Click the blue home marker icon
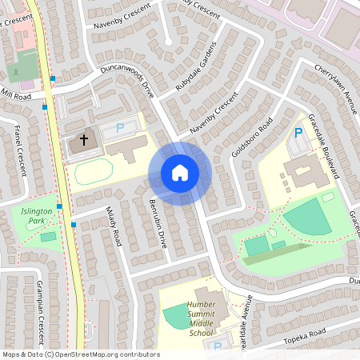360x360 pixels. click(x=180, y=172)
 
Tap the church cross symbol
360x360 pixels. click(x=83, y=140)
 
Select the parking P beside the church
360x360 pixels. click(x=120, y=126)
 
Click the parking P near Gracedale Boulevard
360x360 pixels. click(x=298, y=133)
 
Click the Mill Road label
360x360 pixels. click(x=16, y=95)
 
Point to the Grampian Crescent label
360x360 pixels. click(x=38, y=305)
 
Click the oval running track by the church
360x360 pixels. click(x=94, y=172)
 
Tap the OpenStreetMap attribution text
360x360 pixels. click(x=81, y=354)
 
